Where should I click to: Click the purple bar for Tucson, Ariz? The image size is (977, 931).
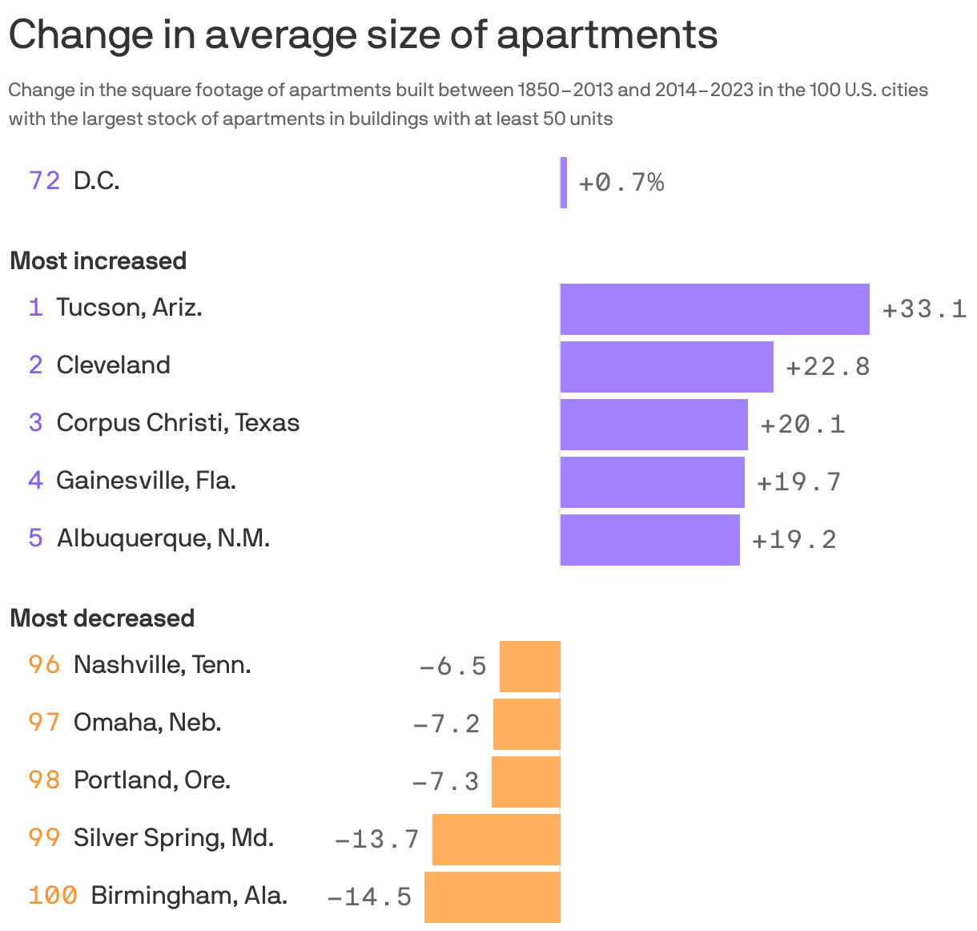click(x=714, y=308)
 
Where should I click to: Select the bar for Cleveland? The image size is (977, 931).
click(x=666, y=366)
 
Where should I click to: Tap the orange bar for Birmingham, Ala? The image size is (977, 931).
click(x=493, y=897)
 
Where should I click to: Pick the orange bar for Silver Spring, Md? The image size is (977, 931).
click(x=497, y=839)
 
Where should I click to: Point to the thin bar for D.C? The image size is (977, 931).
click(x=564, y=183)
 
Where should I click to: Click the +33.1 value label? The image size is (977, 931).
click(x=924, y=309)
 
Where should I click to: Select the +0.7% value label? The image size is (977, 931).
click(x=621, y=183)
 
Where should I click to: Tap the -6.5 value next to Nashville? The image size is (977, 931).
click(x=453, y=666)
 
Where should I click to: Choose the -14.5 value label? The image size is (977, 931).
click(x=369, y=897)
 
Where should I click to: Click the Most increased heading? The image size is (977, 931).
click(x=99, y=261)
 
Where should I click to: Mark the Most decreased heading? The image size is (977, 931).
click(x=103, y=619)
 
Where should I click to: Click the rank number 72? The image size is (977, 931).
click(x=44, y=181)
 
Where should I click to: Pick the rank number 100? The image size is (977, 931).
click(x=53, y=895)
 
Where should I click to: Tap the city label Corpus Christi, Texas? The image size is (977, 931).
click(x=178, y=423)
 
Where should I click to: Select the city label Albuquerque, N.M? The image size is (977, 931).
click(x=163, y=538)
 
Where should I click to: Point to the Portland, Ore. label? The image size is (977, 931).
click(x=152, y=780)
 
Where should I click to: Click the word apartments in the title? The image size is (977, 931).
click(x=607, y=34)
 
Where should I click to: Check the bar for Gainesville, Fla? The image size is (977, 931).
click(x=652, y=482)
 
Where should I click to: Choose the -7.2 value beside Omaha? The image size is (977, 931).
click(x=446, y=723)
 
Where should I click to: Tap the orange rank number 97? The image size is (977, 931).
click(x=44, y=723)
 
